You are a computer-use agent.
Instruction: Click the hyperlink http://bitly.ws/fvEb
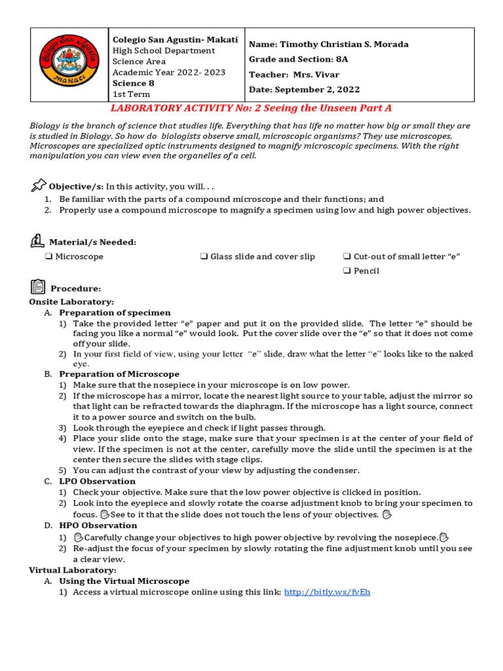click(327, 592)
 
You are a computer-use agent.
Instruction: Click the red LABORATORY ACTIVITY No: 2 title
click(251, 108)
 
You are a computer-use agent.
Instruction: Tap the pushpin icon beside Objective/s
click(39, 185)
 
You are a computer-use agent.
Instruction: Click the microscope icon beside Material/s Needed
click(37, 240)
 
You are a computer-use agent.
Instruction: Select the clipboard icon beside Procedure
click(37, 286)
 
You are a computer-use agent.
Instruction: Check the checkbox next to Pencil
click(347, 271)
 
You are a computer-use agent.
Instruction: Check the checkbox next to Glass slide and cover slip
click(204, 256)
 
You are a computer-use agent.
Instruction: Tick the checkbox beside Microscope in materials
click(49, 256)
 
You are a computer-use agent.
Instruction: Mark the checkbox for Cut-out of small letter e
click(347, 256)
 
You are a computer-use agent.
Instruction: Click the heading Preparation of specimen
click(115, 313)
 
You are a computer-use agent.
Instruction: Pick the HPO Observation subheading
click(98, 525)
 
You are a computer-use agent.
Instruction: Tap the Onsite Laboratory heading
click(71, 301)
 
